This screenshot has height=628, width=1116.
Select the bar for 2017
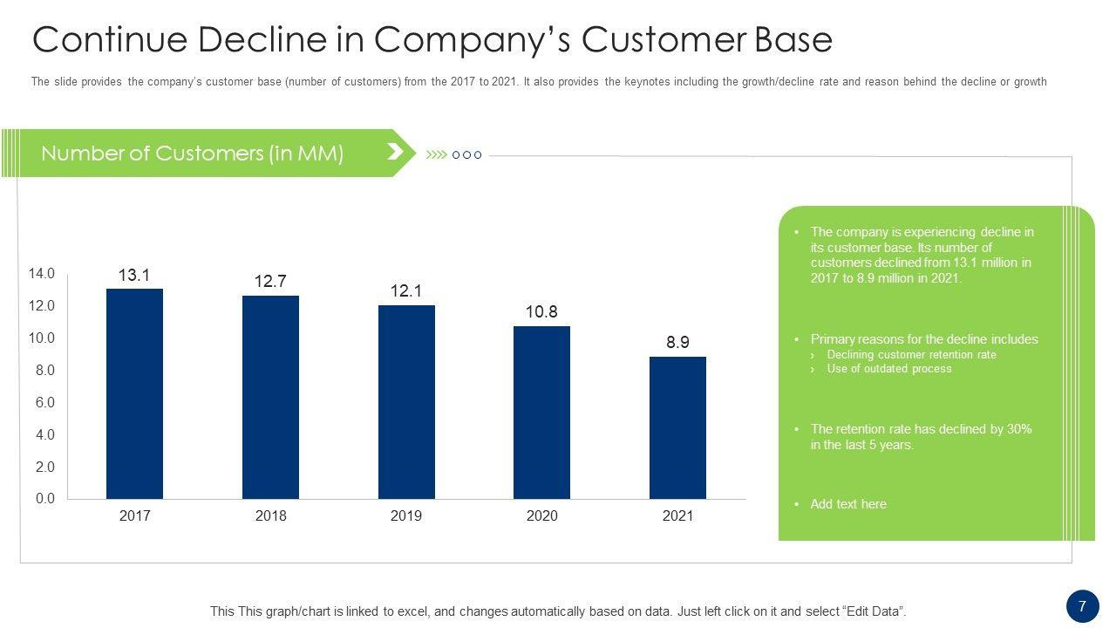[134, 393]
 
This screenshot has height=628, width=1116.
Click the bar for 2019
[406, 402]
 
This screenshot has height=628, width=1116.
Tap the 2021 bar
[677, 427]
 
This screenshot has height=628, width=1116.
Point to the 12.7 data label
[270, 282]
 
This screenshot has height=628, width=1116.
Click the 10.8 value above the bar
[541, 312]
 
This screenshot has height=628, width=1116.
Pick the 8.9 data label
[677, 343]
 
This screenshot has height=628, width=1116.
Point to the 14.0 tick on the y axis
[42, 274]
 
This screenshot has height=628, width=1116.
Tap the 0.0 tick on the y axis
[44, 499]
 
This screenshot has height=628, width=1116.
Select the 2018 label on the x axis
[270, 516]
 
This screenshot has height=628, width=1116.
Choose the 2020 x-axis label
[541, 516]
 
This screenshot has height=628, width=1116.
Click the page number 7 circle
[1082, 606]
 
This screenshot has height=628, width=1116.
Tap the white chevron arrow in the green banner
[395, 153]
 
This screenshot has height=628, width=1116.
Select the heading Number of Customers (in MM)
[192, 154]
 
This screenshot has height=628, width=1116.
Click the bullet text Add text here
[847, 504]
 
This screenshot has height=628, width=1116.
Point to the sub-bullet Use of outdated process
[888, 369]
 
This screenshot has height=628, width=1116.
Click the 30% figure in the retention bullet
[1018, 429]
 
